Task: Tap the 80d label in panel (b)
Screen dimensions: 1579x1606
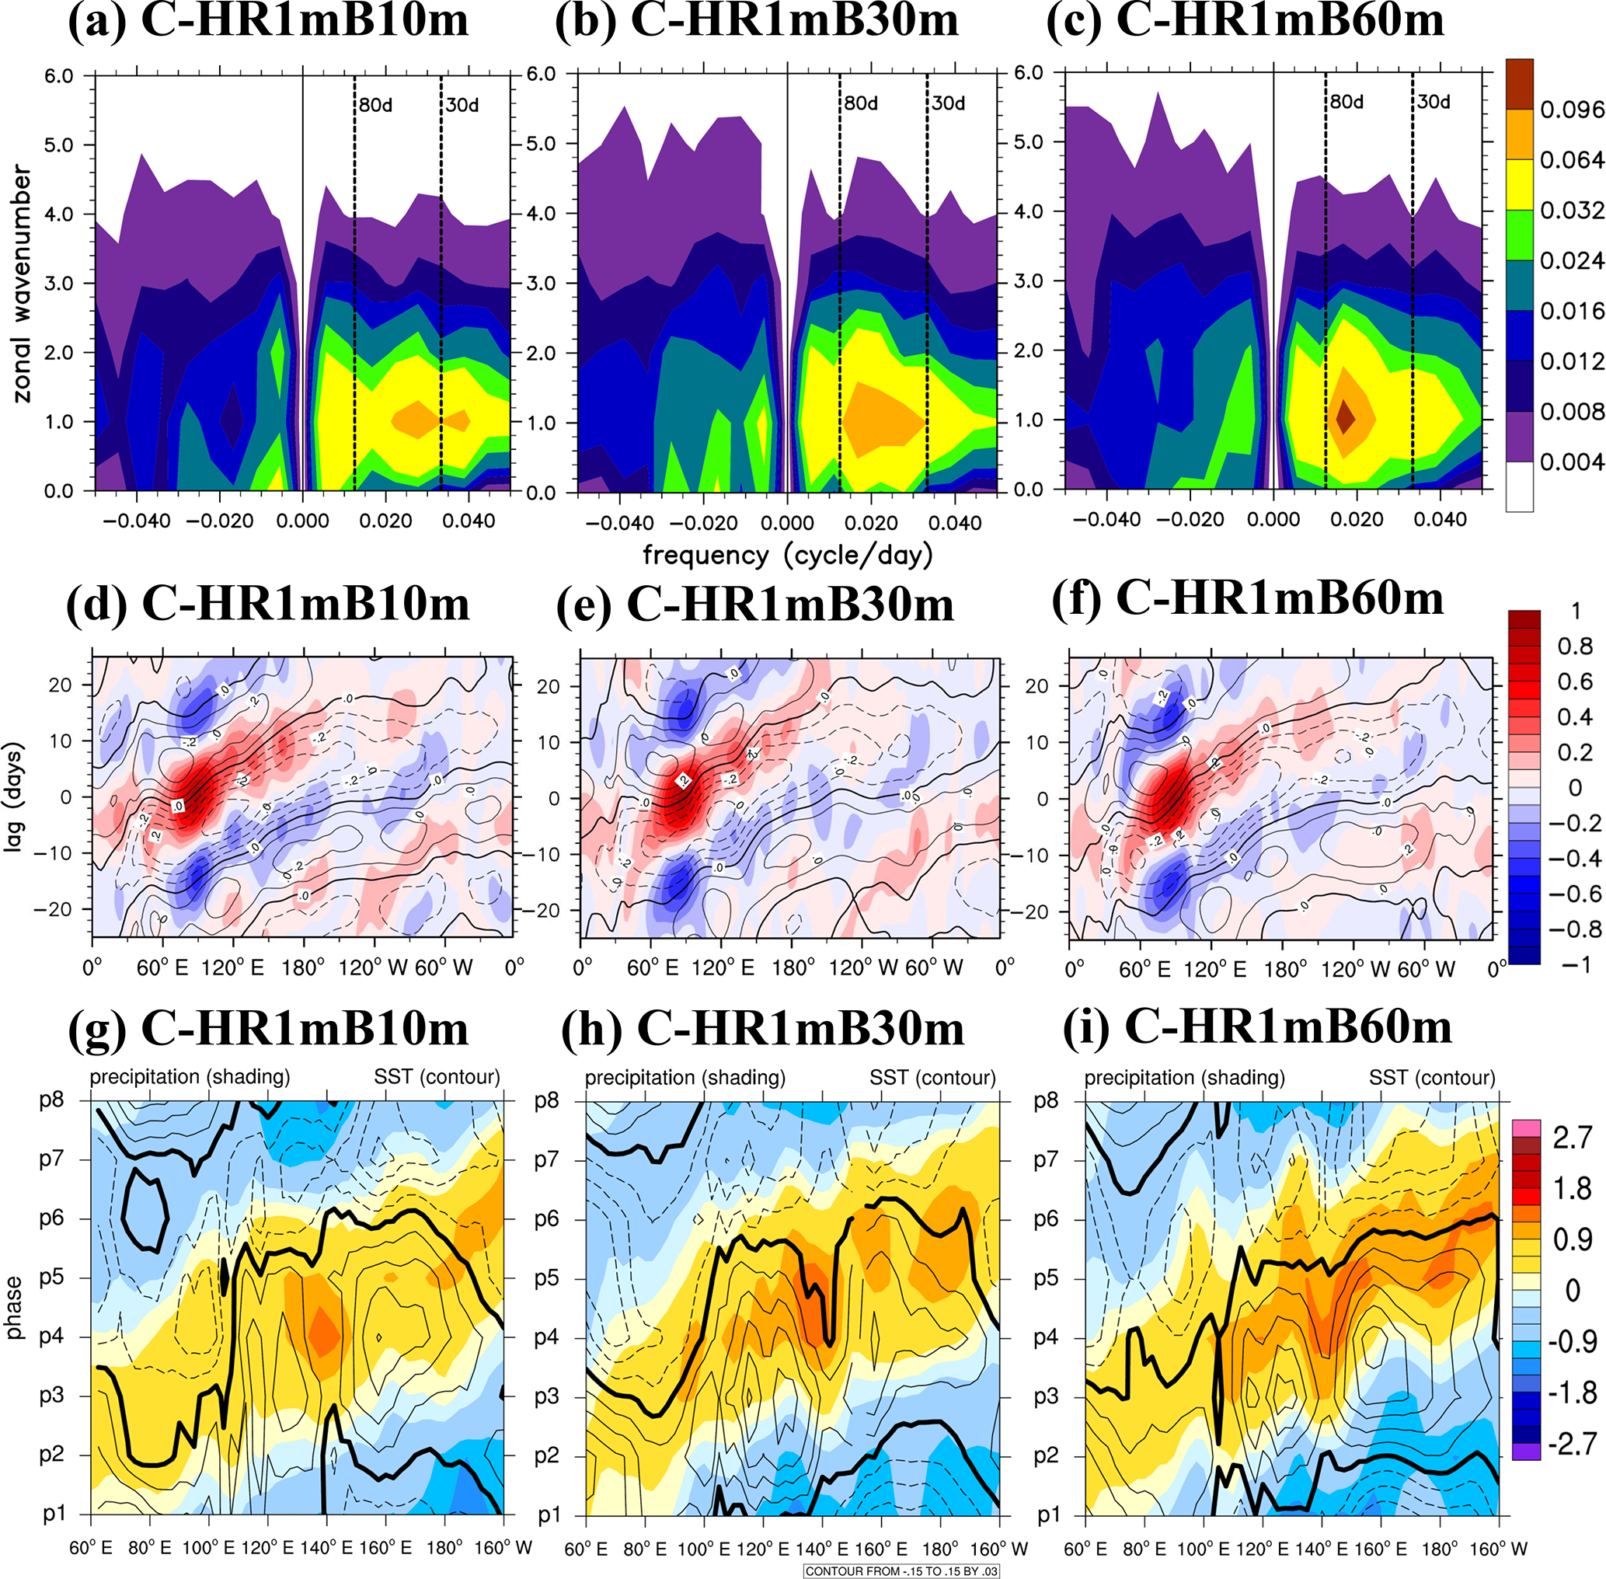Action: click(861, 103)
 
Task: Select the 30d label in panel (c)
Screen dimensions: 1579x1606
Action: click(1434, 102)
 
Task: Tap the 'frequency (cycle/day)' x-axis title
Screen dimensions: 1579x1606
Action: click(788, 555)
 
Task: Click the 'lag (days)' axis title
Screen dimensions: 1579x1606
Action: click(14, 796)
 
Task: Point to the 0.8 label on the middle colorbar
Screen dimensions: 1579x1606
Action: click(1574, 646)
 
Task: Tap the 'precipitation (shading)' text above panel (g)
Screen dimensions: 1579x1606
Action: click(190, 1076)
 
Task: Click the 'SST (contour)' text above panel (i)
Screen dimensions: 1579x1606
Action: click(1432, 1077)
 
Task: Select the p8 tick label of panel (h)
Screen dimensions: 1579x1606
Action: click(546, 1100)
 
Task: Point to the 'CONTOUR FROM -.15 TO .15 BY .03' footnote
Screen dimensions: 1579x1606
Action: click(901, 1570)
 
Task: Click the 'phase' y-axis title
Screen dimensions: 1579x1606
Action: click(14, 1307)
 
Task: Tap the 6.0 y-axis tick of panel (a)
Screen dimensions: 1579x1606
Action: click(59, 75)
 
